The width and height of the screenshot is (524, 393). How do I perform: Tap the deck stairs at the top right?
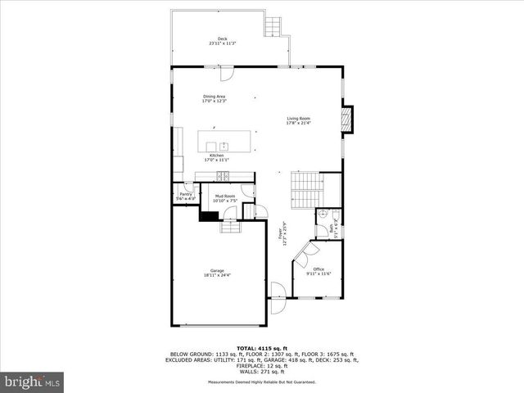point(271,28)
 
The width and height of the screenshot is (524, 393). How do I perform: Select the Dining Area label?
point(215,98)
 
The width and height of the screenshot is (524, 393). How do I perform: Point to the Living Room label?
point(298,120)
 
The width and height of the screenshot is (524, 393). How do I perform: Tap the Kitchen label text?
point(216,157)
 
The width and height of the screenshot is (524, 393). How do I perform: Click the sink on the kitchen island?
point(223,145)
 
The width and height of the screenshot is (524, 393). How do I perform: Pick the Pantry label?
point(186,196)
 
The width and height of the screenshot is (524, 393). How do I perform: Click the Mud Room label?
point(225,198)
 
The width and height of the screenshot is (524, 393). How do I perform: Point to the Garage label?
point(217,273)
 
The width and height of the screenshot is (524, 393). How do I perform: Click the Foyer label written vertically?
point(282,239)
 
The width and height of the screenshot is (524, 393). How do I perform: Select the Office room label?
point(318,271)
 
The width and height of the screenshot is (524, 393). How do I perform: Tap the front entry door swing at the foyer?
point(278,290)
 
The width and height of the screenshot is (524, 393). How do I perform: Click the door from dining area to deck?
point(231,74)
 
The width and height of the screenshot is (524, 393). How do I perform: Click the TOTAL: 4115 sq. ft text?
point(262,348)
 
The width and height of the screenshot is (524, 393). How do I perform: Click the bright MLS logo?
point(34,382)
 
